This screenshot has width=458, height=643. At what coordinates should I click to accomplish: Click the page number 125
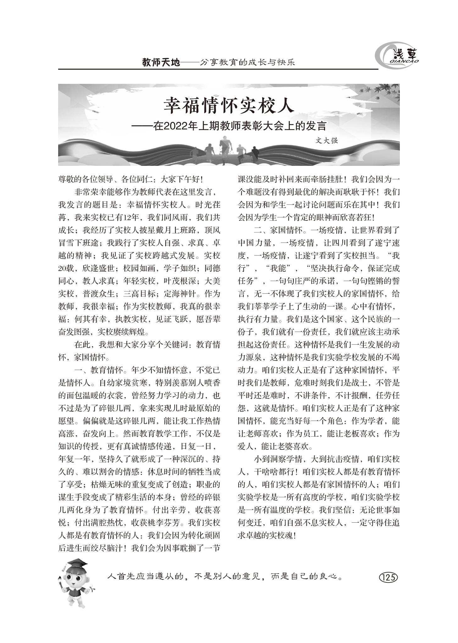click(x=389, y=577)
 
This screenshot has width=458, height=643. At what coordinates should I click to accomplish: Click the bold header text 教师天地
click(x=161, y=63)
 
